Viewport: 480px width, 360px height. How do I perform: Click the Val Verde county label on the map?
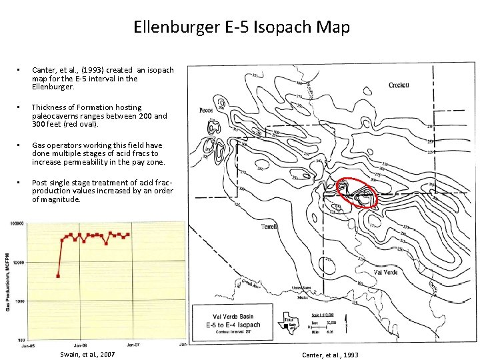387,272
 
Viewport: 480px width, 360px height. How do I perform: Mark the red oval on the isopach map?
357,194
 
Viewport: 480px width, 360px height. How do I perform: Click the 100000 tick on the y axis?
15,224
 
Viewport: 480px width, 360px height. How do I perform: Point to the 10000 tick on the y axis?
17,263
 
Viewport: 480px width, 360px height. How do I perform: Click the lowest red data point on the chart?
59,275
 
